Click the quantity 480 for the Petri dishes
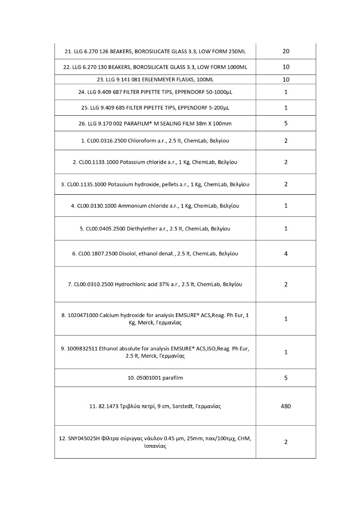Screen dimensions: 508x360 coord(286,406)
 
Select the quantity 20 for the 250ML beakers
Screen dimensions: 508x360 coord(286,51)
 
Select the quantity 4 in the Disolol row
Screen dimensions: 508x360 coord(286,254)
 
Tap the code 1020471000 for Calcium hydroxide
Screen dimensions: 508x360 coord(83,315)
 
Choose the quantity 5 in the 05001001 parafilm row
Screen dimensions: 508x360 coord(286,378)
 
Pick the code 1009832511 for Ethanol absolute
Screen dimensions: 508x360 coord(82,349)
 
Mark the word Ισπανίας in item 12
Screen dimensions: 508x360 coord(155,446)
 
